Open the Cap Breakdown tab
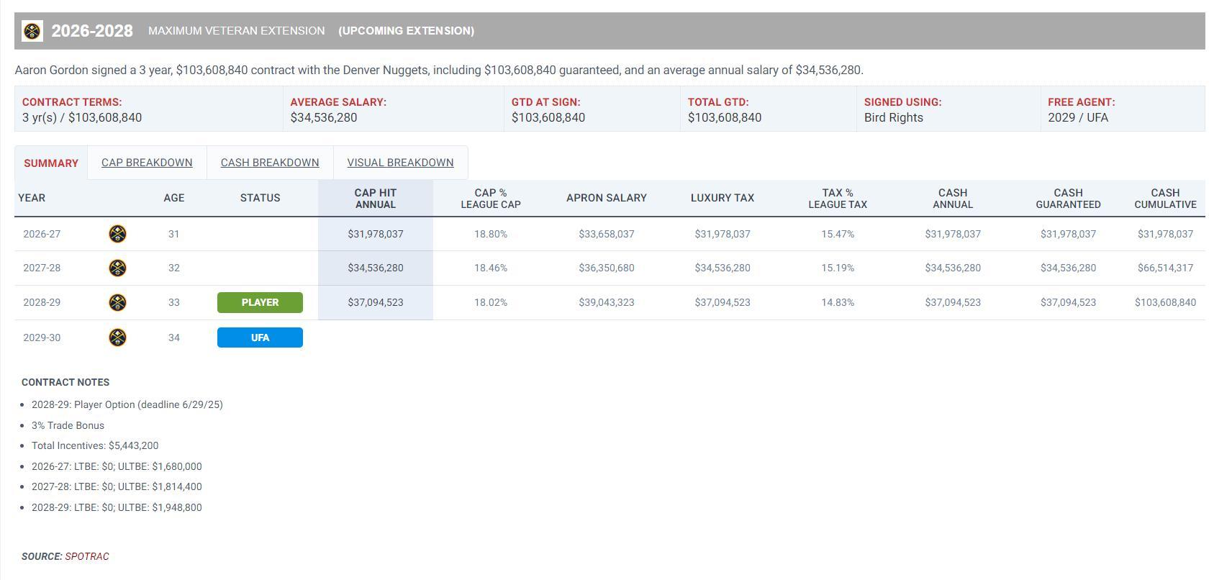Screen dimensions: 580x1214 point(147,163)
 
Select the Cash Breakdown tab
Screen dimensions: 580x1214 point(270,163)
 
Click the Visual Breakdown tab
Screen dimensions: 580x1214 point(400,163)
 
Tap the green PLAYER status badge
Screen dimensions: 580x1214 point(260,302)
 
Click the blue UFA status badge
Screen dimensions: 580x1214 point(260,337)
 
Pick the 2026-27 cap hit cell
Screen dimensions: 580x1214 point(376,234)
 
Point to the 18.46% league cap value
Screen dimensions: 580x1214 point(491,268)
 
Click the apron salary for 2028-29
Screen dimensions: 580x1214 point(607,302)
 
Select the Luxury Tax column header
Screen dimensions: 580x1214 point(722,198)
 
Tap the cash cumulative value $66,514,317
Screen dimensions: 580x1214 point(1165,268)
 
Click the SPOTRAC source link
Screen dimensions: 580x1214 point(87,556)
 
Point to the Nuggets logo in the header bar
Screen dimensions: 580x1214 point(32,31)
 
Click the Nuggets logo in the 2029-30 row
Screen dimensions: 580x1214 point(117,337)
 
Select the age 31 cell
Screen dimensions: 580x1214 point(173,234)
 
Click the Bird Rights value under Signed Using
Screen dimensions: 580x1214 point(894,117)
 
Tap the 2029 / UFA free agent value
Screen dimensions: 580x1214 point(1078,117)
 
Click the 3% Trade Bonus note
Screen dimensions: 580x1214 point(68,425)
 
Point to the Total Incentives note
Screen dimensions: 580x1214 point(95,445)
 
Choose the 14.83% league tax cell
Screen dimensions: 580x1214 point(838,302)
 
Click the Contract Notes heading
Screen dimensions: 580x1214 point(65,382)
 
